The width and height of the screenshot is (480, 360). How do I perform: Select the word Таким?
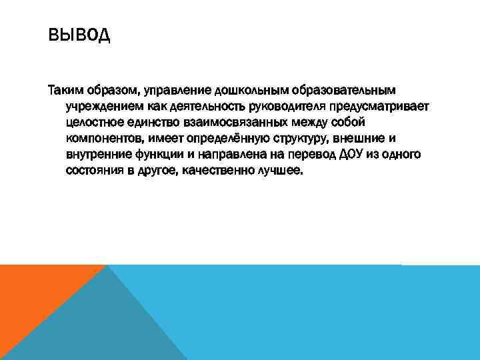click(x=65, y=89)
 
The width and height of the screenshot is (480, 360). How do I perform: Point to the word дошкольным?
click(x=247, y=89)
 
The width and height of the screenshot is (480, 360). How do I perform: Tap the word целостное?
click(x=94, y=122)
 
